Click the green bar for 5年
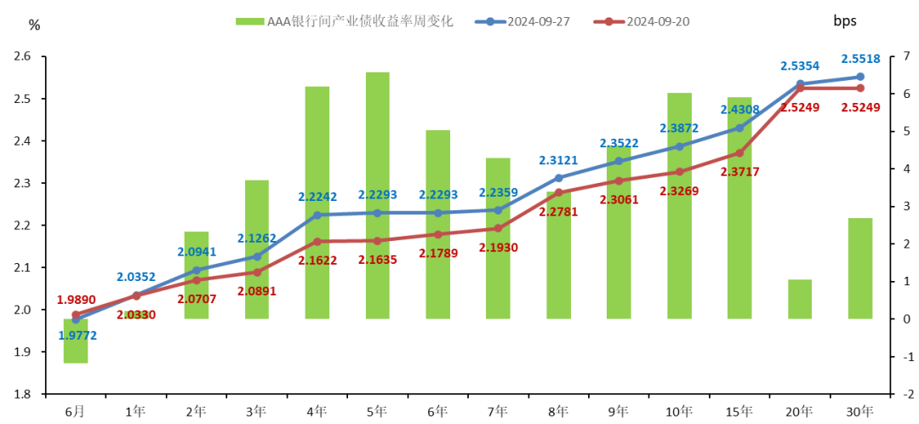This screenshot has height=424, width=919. (377, 196)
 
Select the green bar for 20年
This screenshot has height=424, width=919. (799, 299)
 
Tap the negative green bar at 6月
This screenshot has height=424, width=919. (76, 341)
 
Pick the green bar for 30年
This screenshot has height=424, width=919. (859, 268)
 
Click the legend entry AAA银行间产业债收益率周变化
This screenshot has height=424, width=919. (357, 21)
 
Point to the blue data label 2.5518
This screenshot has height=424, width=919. (861, 60)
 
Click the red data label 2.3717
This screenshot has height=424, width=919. (739, 171)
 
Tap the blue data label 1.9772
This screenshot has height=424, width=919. (77, 335)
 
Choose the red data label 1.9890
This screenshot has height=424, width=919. (77, 300)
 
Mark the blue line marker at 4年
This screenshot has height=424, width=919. (317, 215)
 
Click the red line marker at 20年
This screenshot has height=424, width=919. (800, 89)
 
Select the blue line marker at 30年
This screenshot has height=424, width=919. (860, 77)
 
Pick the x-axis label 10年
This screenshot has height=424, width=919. (678, 411)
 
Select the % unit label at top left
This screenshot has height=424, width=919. (34, 25)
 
